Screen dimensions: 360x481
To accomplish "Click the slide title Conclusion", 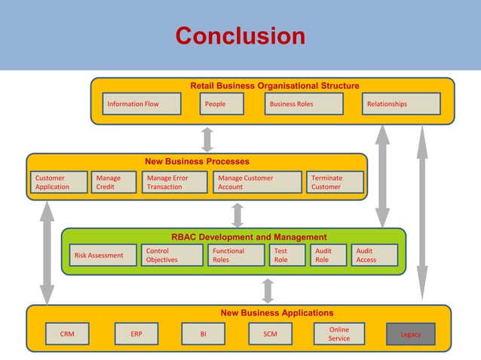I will pyautogui.click(x=240, y=35).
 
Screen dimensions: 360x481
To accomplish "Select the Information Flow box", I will pyautogui.click(x=142, y=104).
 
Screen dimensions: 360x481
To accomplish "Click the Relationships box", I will pyautogui.click(x=402, y=104).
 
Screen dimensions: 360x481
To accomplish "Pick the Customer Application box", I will pyautogui.click(x=59, y=182).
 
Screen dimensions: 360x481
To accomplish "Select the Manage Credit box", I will pyautogui.click(x=112, y=182).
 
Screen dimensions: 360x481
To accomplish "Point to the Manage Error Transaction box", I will pyautogui.click(x=174, y=182).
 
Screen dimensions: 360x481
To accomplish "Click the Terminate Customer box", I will pyautogui.click(x=335, y=182).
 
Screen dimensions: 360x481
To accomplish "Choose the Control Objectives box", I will pyautogui.click(x=173, y=255).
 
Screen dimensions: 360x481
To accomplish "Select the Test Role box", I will pyautogui.click(x=287, y=255).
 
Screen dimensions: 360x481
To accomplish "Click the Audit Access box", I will pyautogui.click(x=374, y=255).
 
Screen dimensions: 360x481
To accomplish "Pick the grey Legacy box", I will pyautogui.click(x=411, y=334).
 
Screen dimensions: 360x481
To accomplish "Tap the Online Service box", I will pyautogui.click(x=339, y=334).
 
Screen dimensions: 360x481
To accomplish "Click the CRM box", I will pyautogui.click(x=67, y=334).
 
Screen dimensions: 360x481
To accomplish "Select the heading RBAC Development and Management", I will pyautogui.click(x=249, y=237).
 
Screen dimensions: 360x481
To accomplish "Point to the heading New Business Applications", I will pyautogui.click(x=277, y=313).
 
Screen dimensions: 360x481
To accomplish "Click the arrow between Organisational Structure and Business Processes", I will pyautogui.click(x=207, y=139).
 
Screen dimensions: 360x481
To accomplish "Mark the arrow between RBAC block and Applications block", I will pyautogui.click(x=268, y=290).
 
